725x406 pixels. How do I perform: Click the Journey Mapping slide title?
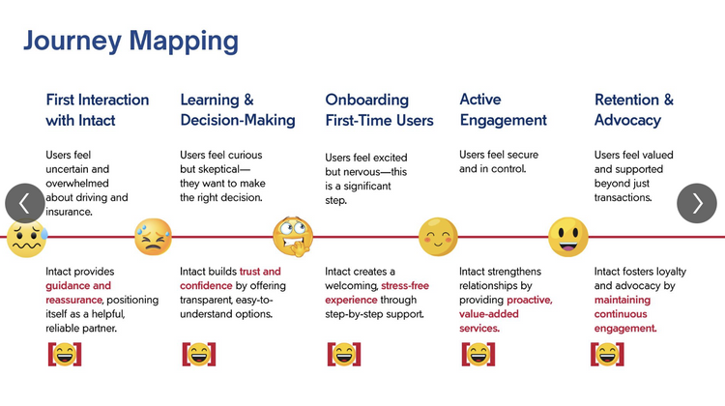click(x=130, y=41)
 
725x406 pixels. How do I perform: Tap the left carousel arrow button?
click(x=25, y=203)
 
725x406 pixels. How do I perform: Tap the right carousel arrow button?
click(x=697, y=203)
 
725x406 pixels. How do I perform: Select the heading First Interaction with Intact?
click(x=97, y=110)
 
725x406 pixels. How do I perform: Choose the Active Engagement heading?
click(x=503, y=110)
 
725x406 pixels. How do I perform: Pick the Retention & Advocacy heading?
click(x=633, y=110)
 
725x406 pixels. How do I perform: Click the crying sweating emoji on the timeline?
click(x=153, y=237)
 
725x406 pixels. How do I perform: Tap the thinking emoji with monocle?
click(x=292, y=237)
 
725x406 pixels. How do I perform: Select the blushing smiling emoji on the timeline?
click(x=438, y=237)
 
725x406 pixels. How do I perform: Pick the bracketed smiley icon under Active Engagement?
click(x=478, y=354)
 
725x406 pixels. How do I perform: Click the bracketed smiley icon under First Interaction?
click(x=65, y=354)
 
